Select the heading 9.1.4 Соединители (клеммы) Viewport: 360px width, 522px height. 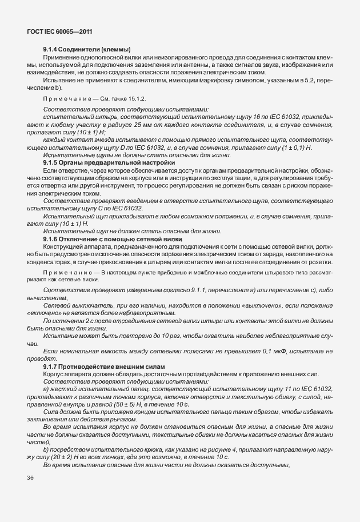[x=87, y=49]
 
